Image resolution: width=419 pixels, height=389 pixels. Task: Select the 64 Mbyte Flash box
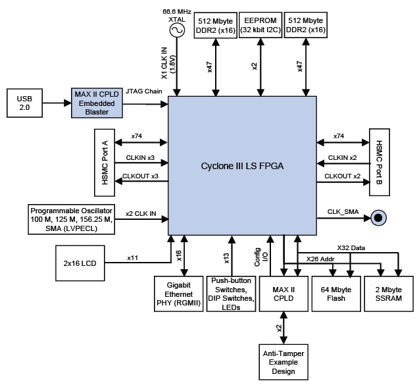338,294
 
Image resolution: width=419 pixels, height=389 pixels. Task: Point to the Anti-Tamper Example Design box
283,363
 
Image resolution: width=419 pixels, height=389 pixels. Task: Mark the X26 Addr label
320,259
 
